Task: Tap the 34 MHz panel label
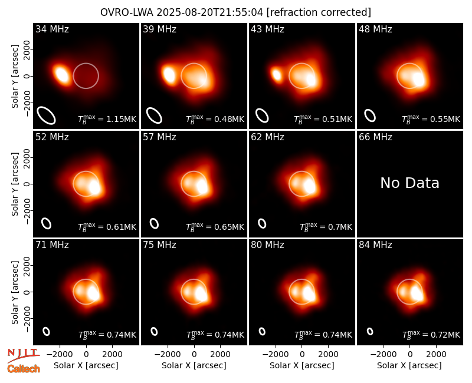52,29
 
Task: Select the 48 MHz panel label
375,29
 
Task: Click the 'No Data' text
409,183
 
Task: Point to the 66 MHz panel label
375,137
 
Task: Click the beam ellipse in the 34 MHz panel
47,115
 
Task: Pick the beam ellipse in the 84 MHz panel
370,331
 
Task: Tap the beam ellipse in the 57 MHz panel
154,223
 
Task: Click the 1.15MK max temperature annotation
107,119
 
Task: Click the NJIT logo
23,355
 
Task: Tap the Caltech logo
24,369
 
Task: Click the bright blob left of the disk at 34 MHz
61,74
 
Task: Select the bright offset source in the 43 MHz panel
276,75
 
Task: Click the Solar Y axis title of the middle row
15,184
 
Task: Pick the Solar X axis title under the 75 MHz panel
194,365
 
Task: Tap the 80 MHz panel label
267,245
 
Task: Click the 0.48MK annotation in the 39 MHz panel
215,119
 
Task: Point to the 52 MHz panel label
52,137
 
